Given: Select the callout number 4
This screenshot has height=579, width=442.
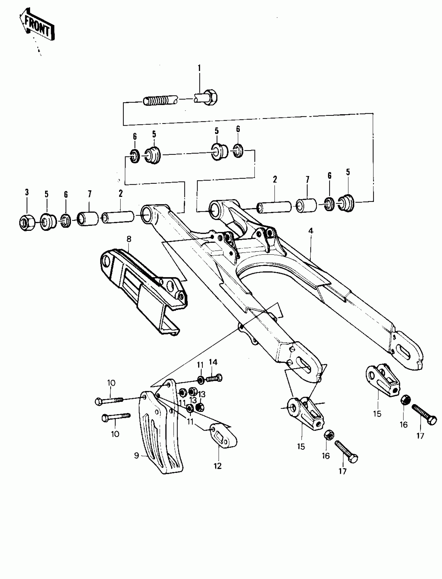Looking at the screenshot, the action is (311, 231).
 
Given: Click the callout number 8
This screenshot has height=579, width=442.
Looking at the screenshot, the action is (129, 239).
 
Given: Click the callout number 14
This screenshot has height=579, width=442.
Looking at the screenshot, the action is (213, 362).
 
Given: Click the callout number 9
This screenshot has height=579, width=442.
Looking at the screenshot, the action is (136, 455).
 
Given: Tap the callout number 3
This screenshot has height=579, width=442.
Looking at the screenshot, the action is (27, 192).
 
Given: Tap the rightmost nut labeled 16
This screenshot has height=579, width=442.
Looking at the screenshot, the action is (405, 401).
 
